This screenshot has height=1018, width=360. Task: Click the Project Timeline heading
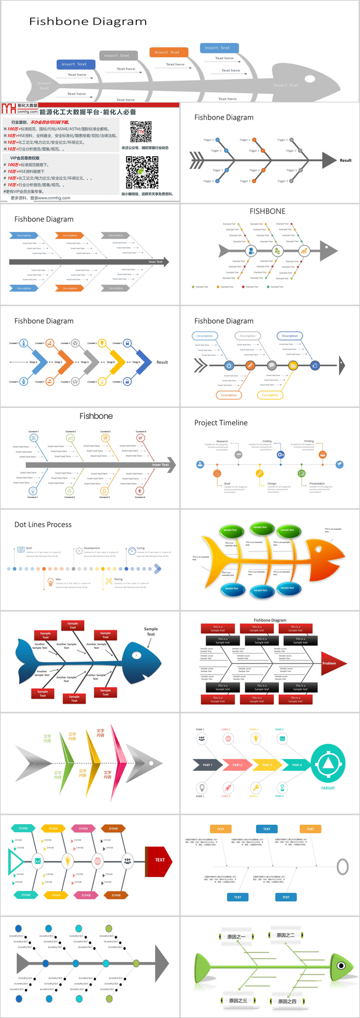click(221, 423)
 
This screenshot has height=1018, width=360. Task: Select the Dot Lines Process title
click(43, 525)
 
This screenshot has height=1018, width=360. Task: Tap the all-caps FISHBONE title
click(267, 211)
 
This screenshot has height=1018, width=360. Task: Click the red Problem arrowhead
click(333, 663)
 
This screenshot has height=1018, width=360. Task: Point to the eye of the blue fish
click(137, 655)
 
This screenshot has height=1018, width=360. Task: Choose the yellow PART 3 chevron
click(267, 765)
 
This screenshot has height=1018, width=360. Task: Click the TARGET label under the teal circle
click(327, 788)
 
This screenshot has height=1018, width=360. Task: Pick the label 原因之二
click(286, 935)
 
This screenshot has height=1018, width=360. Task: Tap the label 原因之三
click(237, 1001)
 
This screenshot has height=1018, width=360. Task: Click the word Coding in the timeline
click(267, 441)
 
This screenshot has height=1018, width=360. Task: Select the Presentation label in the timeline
click(317, 483)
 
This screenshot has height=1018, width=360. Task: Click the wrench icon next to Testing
click(109, 580)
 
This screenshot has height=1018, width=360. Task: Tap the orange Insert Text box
click(167, 52)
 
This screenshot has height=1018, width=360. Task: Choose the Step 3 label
click(85, 362)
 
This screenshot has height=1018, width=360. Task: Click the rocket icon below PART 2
click(228, 788)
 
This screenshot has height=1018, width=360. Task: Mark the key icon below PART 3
click(255, 788)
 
